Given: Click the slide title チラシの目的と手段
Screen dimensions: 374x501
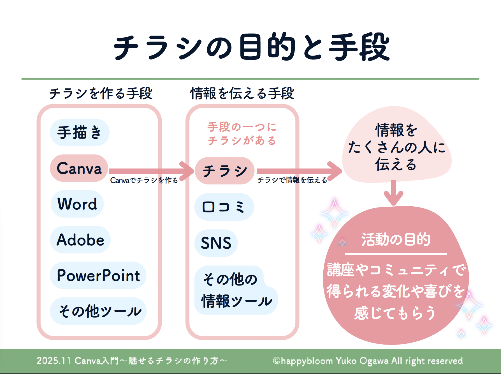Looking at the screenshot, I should pos(251,47).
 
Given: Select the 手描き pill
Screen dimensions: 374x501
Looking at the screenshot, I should pos(80,132).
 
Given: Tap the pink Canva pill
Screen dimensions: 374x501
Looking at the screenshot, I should pos(79,168).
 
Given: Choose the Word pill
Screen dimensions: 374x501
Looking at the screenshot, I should pos(77,204).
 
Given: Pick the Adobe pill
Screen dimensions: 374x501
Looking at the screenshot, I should pos(80,240).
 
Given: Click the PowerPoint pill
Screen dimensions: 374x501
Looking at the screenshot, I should pos(98,275).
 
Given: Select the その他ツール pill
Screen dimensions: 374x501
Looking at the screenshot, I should pos(98,311).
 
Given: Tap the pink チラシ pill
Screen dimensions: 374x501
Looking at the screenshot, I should pos(224,171).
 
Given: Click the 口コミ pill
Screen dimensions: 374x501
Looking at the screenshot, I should pos(224,207).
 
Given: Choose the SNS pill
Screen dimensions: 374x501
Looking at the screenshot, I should pos(216,243).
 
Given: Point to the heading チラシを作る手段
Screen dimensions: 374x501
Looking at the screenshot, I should pos(101,93).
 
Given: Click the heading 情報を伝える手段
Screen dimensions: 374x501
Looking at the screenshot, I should pos(242,93).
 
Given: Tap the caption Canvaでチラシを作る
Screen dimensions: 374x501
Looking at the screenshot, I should pos(144,180).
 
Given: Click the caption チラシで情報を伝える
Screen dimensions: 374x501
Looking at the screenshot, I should pos(292,180).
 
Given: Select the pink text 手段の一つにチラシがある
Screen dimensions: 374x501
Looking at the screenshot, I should pos(242,134).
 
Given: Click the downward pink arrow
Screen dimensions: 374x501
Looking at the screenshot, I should pos(393,193).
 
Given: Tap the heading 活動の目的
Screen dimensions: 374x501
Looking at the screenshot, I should pos(396,240).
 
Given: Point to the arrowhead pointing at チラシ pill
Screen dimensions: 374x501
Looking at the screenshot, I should pos(188,171).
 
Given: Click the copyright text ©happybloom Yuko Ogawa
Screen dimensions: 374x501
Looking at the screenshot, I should pos(368,361).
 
